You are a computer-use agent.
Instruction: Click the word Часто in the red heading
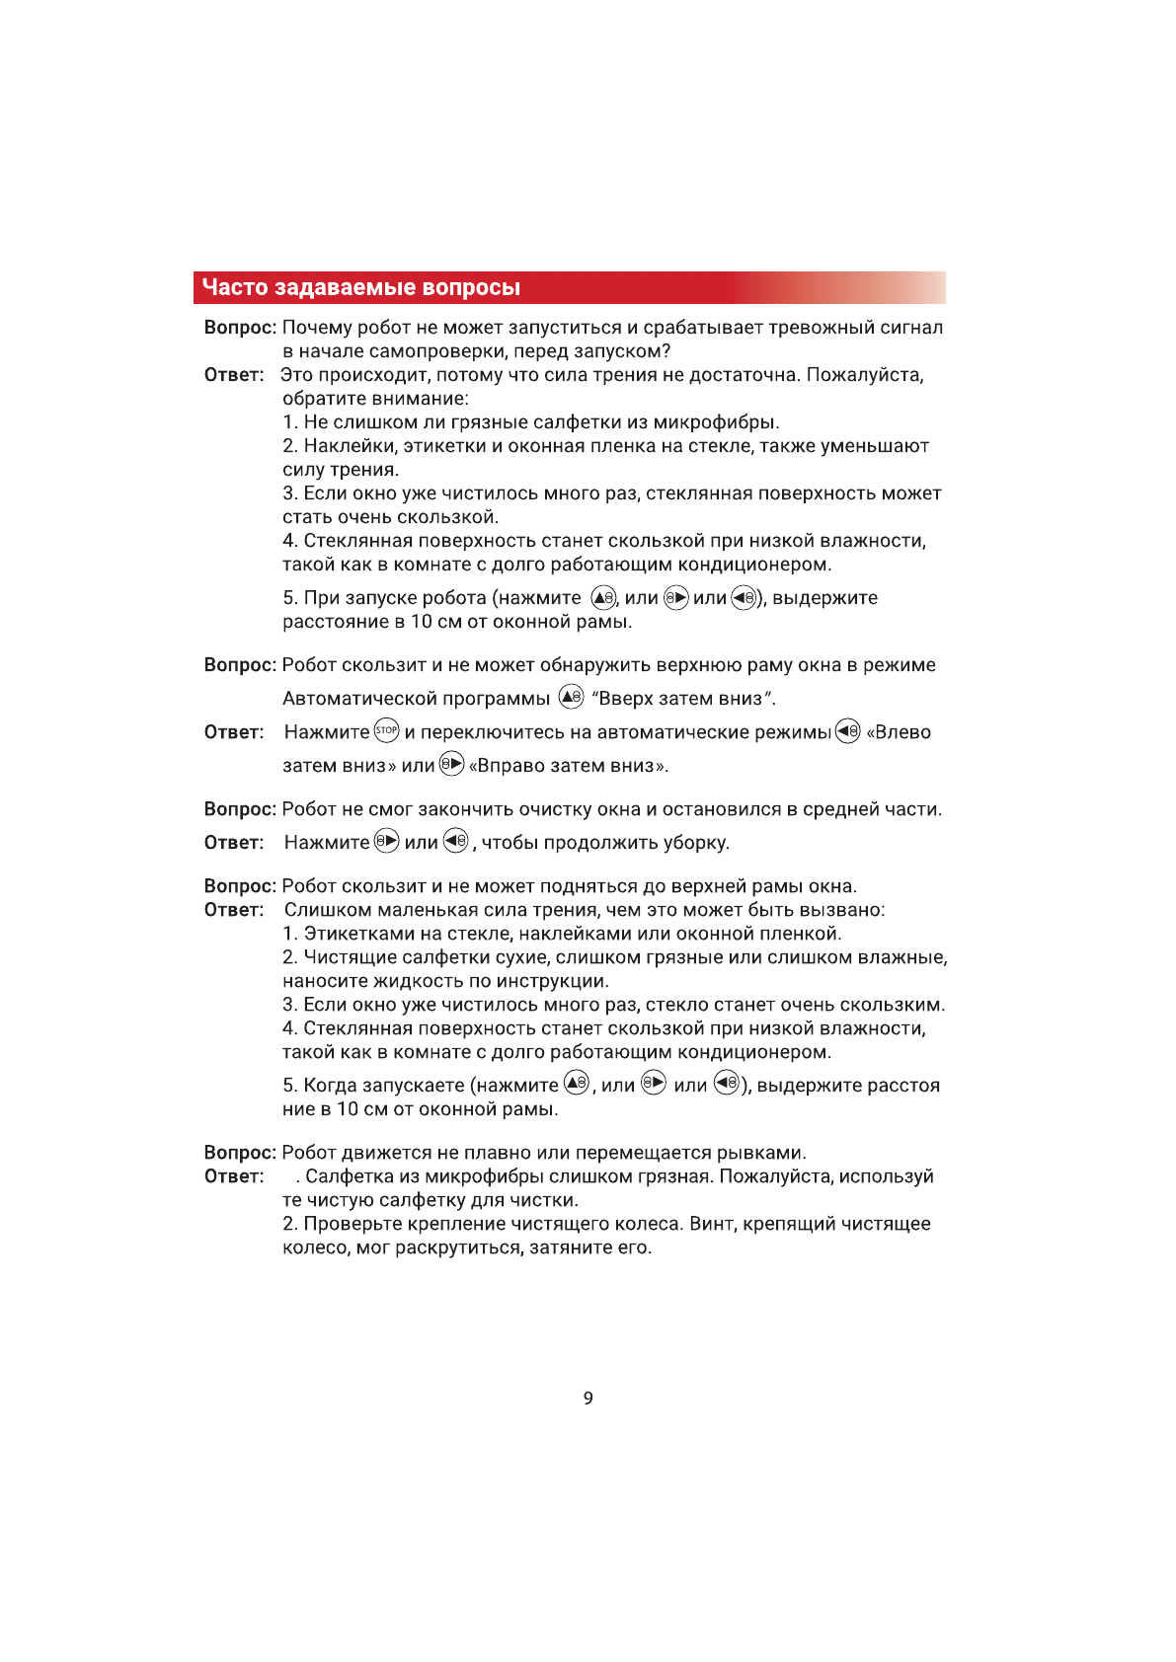235,287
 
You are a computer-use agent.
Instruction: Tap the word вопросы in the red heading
470,287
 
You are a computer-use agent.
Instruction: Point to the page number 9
588,1398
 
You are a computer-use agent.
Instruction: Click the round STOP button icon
386,731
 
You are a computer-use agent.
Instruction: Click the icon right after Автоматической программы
572,697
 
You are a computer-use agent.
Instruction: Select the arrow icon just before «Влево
847,731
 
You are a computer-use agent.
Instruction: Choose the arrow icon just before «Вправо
451,764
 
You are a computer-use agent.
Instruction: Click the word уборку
695,843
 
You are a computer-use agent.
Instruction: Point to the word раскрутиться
457,1247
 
